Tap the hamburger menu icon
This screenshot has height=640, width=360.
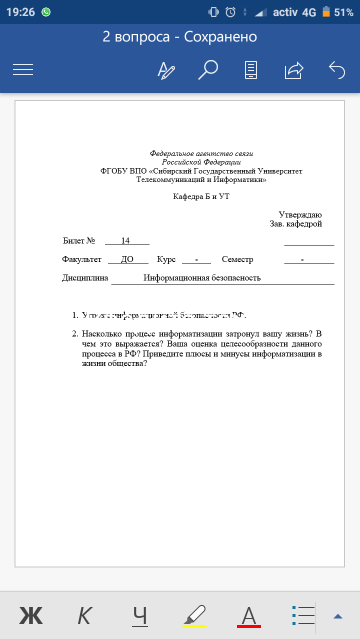point(23,69)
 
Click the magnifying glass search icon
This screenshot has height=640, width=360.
point(208,69)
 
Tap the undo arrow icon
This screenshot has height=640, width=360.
point(337,69)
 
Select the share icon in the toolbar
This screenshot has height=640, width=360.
point(294,70)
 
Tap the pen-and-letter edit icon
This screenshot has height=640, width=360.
point(166,70)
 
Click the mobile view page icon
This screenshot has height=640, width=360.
point(251,69)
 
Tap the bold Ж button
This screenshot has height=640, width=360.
point(31,615)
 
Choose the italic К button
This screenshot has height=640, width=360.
point(85,615)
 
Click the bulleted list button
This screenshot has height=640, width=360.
point(303,615)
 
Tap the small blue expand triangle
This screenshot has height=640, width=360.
point(338,616)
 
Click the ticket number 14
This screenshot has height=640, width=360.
point(125,241)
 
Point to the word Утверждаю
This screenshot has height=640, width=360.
point(300,214)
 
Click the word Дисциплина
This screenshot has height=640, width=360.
point(85,278)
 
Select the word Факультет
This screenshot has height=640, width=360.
point(81,259)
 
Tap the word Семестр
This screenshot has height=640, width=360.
point(237,259)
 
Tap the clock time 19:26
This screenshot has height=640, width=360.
point(20,12)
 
